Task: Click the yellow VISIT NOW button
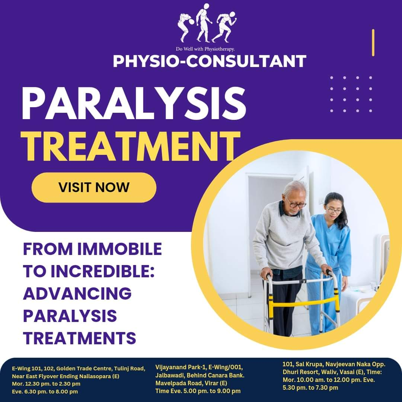click(94, 187)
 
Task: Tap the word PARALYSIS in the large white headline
click(134, 103)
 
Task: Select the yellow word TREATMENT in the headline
click(131, 146)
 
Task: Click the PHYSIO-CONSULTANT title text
click(210, 61)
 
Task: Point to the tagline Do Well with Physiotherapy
click(205, 49)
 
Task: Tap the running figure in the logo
click(224, 26)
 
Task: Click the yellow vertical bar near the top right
click(373, 42)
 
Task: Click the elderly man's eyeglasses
click(297, 205)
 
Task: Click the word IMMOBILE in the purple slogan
click(119, 249)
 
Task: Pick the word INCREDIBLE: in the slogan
click(103, 271)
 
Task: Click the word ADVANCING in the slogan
click(77, 294)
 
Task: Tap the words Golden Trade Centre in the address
click(84, 368)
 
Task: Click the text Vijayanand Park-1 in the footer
click(181, 367)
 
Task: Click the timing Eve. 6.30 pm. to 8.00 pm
click(45, 392)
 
